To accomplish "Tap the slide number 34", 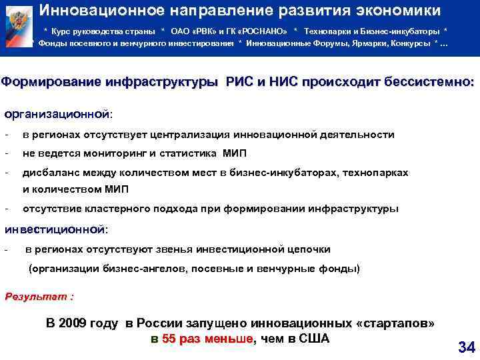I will pos(466,347).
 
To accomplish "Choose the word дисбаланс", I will pos(51,173).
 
